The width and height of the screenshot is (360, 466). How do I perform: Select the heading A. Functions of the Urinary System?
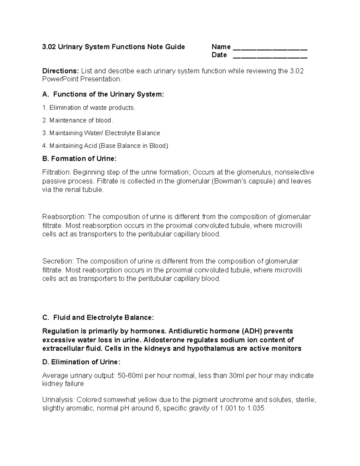103,94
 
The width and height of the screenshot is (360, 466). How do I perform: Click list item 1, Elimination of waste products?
89,108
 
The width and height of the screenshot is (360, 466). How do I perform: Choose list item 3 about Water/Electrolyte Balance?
101,133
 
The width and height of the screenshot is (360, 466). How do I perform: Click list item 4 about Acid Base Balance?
105,146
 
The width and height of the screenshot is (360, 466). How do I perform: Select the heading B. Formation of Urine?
79,159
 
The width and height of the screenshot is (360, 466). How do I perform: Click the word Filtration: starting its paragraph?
57,172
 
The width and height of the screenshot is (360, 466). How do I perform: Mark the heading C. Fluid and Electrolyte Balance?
98,317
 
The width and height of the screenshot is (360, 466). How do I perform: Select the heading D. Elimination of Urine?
81,362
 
